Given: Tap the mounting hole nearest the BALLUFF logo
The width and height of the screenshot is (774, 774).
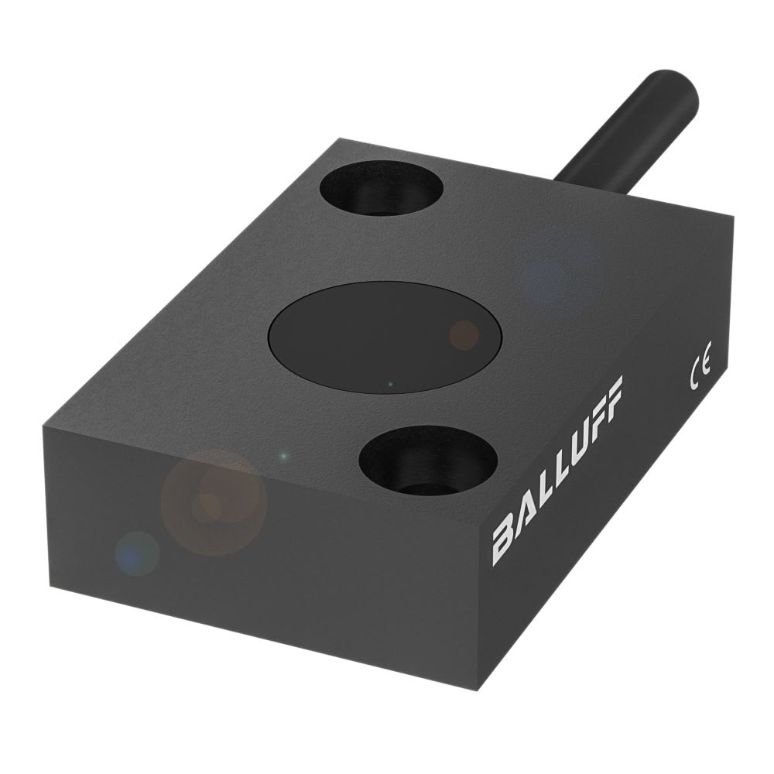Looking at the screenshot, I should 428,461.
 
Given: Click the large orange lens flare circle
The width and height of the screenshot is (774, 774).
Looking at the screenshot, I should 214,502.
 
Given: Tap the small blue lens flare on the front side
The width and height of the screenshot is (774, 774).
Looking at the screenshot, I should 137,553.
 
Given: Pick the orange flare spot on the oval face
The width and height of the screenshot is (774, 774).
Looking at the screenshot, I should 464,334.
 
